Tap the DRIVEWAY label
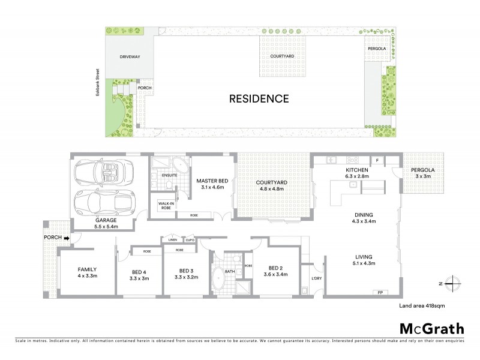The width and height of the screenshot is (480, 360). pyautogui.click(x=129, y=57)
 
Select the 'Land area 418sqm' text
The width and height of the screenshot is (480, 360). pyautogui.click(x=421, y=305)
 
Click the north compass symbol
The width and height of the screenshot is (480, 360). pyautogui.click(x=455, y=283)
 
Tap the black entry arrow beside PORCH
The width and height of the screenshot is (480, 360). pyautogui.click(x=67, y=238)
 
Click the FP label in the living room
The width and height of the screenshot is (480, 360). pyautogui.click(x=380, y=292)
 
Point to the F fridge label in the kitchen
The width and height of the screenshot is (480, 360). pyautogui.click(x=377, y=161)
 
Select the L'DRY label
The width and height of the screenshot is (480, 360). pyautogui.click(x=316, y=278)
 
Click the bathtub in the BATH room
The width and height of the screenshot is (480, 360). pyautogui.click(x=218, y=280)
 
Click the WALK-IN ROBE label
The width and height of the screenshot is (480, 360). pyautogui.click(x=166, y=205)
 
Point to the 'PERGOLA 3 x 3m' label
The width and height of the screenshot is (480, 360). pyautogui.click(x=423, y=173)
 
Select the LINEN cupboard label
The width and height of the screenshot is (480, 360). pyautogui.click(x=173, y=239)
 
